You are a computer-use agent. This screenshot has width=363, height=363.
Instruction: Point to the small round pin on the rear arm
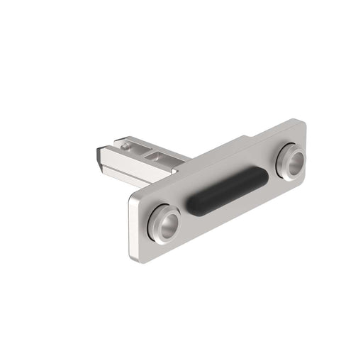125,146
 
